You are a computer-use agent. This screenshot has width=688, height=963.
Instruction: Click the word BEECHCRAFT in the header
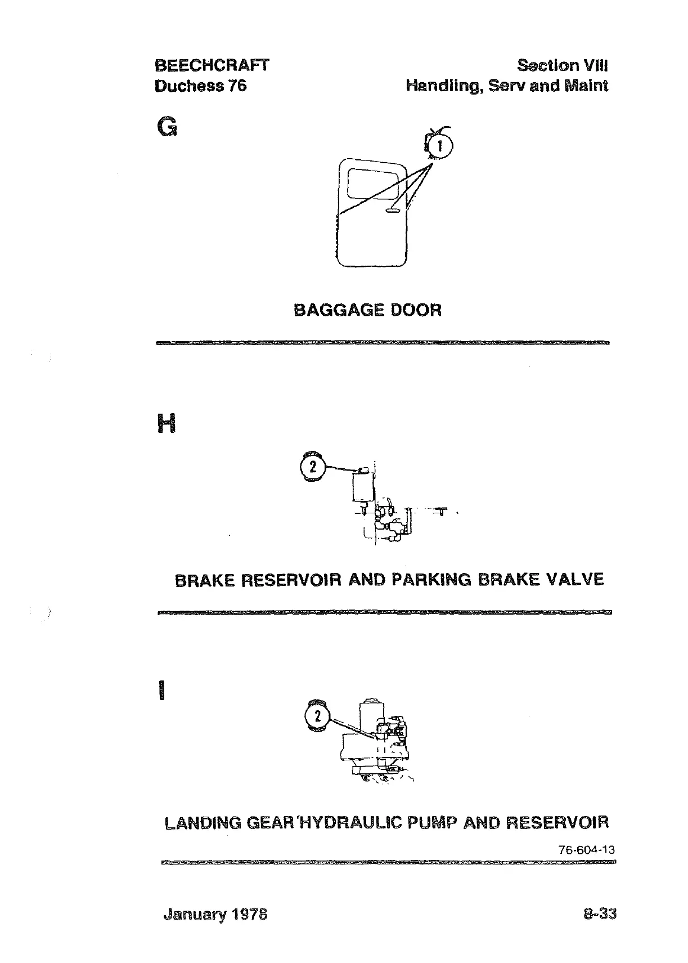click(x=212, y=65)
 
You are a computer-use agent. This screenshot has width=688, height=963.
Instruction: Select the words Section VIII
click(x=562, y=65)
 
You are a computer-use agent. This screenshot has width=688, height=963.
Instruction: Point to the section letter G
click(x=167, y=128)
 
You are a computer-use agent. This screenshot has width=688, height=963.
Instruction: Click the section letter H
click(x=167, y=423)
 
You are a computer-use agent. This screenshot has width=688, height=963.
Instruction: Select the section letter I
click(x=162, y=690)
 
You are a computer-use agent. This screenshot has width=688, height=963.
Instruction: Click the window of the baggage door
click(x=372, y=182)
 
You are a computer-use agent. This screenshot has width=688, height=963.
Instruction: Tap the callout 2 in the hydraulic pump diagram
click(x=318, y=716)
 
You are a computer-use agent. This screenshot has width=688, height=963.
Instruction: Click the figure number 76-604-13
click(x=586, y=850)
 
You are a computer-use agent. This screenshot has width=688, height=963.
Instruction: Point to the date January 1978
click(x=215, y=914)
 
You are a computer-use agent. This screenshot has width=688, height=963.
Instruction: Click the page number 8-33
click(x=600, y=913)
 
